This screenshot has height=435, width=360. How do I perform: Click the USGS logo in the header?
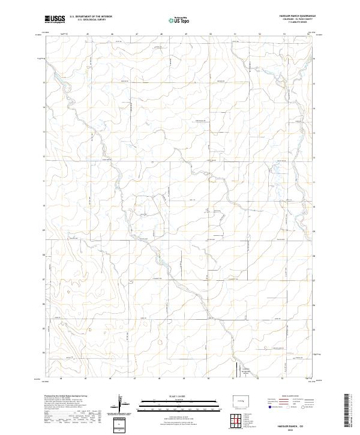click(x=55, y=19)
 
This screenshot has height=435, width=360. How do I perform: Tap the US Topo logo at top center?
click(x=181, y=20)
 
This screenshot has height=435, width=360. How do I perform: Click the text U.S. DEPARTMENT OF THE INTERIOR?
click(x=91, y=17)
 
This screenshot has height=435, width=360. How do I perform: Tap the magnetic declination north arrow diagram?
click(x=124, y=405)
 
